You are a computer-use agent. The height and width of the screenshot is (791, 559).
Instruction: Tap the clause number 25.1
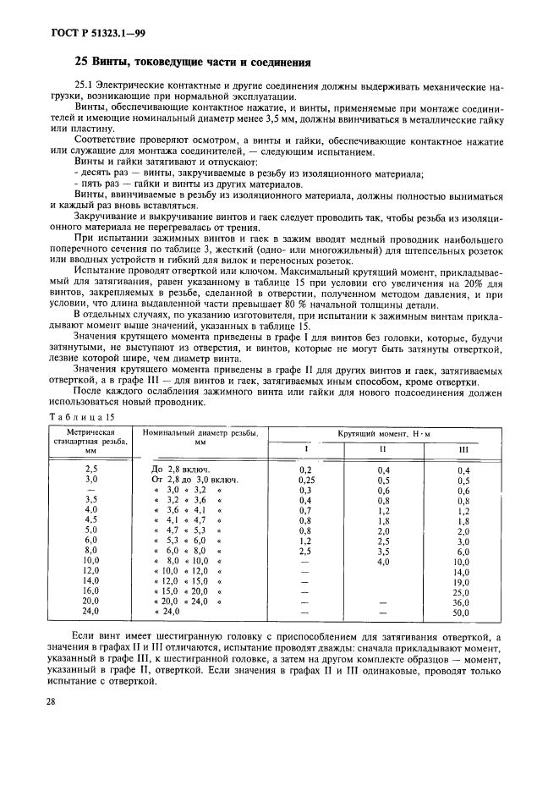[x=86, y=86]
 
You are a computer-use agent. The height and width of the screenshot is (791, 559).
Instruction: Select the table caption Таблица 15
[x=83, y=417]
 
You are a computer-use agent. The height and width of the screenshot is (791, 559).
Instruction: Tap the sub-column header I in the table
[x=305, y=448]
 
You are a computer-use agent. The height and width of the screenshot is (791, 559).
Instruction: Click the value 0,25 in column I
[x=305, y=480]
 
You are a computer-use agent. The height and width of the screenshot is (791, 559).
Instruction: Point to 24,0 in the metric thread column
[x=91, y=612]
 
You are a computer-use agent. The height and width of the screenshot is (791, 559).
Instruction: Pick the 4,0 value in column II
[x=383, y=561]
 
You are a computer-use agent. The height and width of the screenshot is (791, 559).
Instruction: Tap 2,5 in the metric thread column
[x=91, y=469]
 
